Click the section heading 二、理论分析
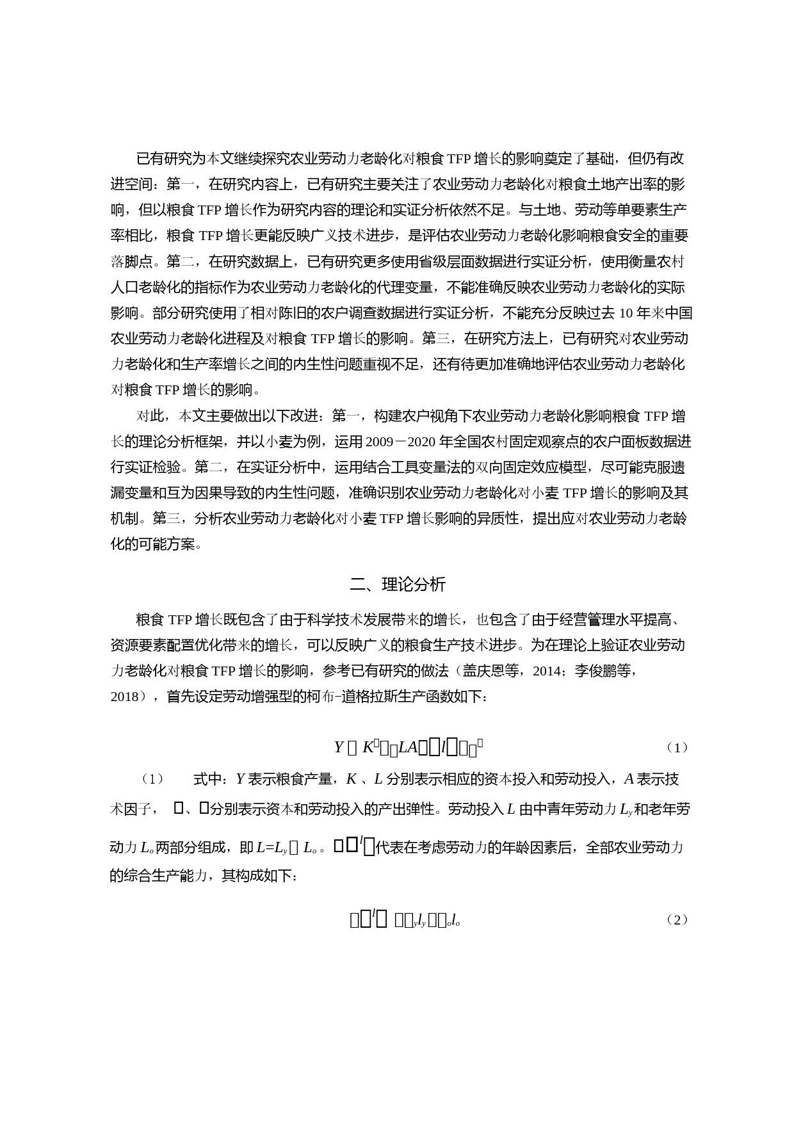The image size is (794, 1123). (397, 585)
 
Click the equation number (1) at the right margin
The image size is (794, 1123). (676, 747)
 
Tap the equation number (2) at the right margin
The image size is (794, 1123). (676, 920)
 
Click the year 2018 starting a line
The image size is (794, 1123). (125, 697)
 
